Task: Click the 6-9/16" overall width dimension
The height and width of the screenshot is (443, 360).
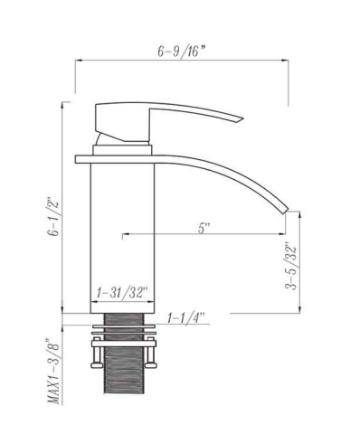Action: (182, 52)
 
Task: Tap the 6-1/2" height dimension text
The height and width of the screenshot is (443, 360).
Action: (55, 216)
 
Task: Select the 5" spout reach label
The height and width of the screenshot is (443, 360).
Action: (204, 228)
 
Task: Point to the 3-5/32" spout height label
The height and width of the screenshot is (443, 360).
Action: (291, 266)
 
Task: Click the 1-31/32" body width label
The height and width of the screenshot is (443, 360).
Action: (122, 293)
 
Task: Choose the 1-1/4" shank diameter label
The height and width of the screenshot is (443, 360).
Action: (186, 318)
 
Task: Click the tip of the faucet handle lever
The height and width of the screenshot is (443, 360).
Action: (242, 118)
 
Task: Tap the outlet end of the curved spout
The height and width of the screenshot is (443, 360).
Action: (286, 211)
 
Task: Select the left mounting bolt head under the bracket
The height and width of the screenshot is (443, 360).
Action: (95, 365)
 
